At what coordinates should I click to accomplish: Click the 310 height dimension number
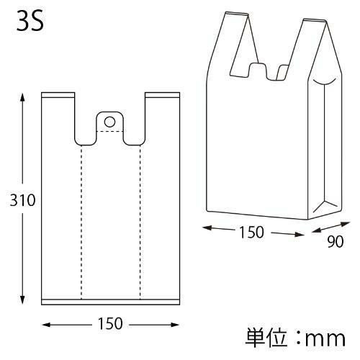(22, 200)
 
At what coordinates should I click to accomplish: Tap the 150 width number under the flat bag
(110, 323)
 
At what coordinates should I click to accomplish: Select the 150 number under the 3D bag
(251, 232)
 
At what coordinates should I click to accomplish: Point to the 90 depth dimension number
(336, 241)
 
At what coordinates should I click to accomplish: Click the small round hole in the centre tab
(109, 122)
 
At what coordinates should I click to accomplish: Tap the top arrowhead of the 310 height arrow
(22, 97)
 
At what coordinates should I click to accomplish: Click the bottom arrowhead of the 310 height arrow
(22, 300)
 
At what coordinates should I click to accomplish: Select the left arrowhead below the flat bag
(46, 325)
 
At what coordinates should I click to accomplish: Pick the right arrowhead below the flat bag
(175, 325)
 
